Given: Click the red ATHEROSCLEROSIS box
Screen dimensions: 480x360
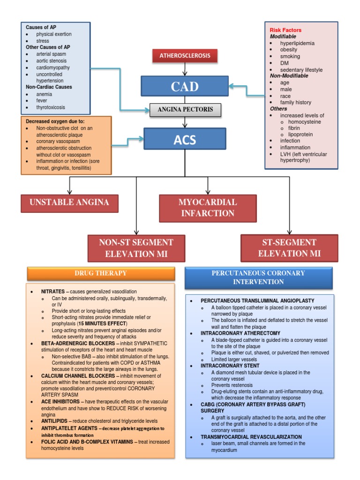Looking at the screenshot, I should point(186,56).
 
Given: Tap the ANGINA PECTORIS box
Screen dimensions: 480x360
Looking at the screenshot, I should point(185,110).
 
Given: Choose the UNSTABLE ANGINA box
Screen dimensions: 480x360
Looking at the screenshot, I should point(69,202).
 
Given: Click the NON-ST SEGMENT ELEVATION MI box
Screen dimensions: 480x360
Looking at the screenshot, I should point(136,248).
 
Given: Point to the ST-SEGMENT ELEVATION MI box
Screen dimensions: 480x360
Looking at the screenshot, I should point(289,248).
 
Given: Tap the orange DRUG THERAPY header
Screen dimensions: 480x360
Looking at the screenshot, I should point(101,273).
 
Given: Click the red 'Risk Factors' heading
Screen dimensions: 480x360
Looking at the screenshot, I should point(285,30).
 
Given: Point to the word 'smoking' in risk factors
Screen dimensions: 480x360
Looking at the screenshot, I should point(290,56).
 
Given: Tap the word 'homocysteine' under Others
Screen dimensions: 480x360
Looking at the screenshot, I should point(304,121).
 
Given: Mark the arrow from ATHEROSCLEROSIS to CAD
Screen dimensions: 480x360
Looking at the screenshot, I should point(186,69).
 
